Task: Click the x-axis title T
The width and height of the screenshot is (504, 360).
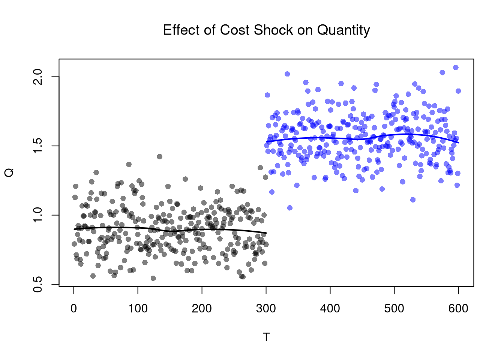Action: pyautogui.click(x=266, y=337)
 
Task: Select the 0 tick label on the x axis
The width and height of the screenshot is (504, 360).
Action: pyautogui.click(x=74, y=309)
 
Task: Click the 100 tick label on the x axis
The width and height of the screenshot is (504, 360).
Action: pyautogui.click(x=138, y=309)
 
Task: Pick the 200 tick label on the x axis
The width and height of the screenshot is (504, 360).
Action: pyautogui.click(x=202, y=309)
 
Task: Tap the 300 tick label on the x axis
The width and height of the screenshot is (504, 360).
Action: pyautogui.click(x=266, y=309)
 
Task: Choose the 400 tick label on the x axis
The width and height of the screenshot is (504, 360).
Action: pyautogui.click(x=330, y=309)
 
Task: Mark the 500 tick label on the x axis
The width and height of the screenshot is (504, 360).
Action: pyautogui.click(x=394, y=309)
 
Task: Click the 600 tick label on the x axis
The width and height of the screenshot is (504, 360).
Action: pyautogui.click(x=458, y=309)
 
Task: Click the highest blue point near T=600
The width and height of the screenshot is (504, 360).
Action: pyautogui.click(x=456, y=67)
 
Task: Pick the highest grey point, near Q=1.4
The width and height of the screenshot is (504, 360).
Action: pyautogui.click(x=160, y=157)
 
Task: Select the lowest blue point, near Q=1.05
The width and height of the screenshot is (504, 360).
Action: pyautogui.click(x=289, y=208)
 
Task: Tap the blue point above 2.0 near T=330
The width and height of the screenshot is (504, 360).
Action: pyautogui.click(x=287, y=74)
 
